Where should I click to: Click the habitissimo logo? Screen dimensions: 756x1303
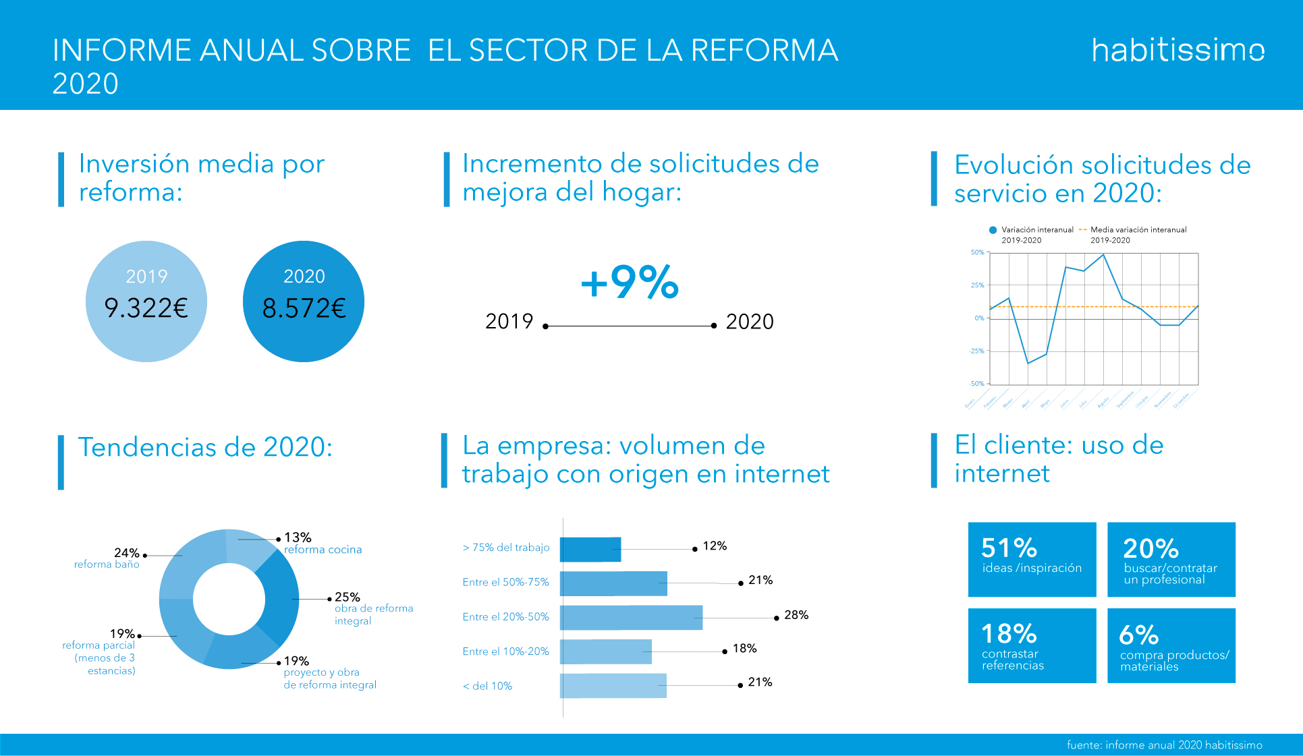pos(1177,51)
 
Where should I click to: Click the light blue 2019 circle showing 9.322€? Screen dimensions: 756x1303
pos(146,301)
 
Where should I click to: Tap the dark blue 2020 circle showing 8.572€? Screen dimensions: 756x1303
pos(304,301)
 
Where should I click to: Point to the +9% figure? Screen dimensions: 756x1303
pos(630,282)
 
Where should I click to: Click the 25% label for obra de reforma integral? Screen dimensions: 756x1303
pos(347,597)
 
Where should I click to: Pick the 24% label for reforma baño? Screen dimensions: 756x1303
pos(126,553)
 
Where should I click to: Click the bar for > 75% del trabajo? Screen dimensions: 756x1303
pos(590,550)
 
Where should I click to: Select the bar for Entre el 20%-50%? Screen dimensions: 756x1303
pos(631,618)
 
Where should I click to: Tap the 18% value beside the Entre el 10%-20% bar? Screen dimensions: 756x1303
pos(744,648)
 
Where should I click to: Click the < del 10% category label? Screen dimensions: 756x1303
pos(487,686)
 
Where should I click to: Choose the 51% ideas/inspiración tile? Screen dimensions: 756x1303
pos(1032,559)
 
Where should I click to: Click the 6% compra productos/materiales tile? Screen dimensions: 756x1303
pos(1171,645)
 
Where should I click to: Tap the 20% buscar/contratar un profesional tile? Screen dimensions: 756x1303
pos(1171,559)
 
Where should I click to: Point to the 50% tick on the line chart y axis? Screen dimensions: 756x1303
pos(977,252)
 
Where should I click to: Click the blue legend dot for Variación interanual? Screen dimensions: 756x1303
pos(993,230)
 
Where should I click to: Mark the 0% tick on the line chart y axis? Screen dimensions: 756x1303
pos(979,318)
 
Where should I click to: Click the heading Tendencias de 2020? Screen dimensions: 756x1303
pos(205,447)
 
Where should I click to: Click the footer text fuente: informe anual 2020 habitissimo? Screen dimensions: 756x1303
pos(1164,745)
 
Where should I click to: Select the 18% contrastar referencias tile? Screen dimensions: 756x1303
pos(1032,645)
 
